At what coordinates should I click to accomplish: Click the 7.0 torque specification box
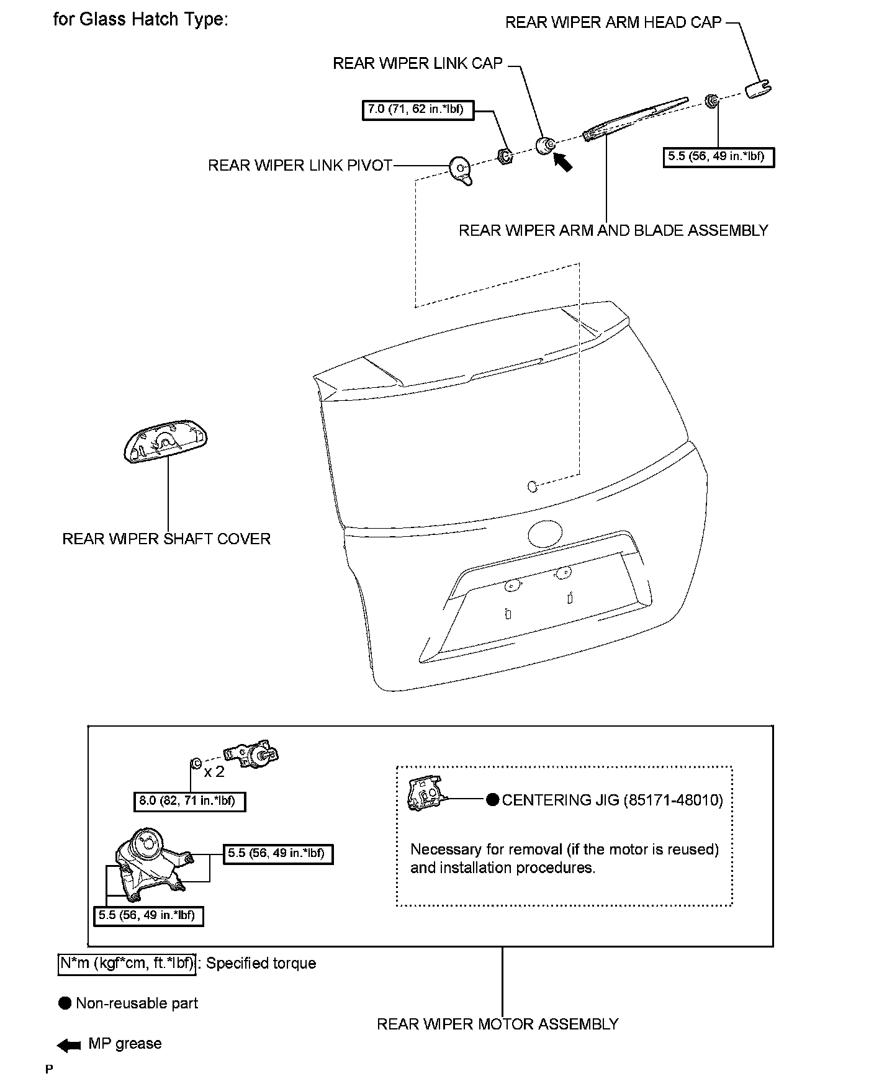coord(415,110)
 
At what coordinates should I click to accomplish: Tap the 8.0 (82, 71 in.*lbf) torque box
coord(189,801)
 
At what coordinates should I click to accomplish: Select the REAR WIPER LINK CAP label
coord(418,64)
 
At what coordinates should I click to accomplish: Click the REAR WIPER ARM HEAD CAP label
coord(613,23)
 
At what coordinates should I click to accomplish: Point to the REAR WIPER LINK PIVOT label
coord(300,166)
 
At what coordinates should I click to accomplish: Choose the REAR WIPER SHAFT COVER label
coord(166,539)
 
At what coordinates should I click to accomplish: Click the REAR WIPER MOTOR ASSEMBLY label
coord(498,1024)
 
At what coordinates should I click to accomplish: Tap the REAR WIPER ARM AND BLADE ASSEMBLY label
coord(613,231)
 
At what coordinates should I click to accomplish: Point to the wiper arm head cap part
coord(758,89)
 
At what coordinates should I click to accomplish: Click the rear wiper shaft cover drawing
coord(166,440)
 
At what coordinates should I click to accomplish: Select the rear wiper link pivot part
coord(461,169)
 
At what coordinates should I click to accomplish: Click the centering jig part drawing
coord(424,794)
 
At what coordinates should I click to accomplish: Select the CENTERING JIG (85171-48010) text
coord(612,800)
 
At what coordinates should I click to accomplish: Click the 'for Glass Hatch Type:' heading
coord(141,19)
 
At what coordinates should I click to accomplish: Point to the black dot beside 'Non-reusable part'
coord(65,1003)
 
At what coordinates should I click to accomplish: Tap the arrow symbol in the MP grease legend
coord(69,1046)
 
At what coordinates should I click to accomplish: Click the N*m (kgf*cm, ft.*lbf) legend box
coord(127,964)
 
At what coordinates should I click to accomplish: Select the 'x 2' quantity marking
coord(214,772)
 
